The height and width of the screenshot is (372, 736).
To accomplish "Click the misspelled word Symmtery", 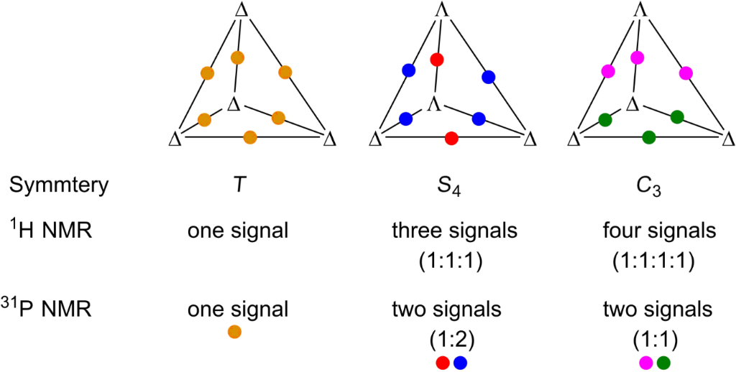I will pos(58,185).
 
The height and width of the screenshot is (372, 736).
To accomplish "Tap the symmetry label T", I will pos(238,185).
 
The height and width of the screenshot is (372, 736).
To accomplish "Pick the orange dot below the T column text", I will pos(234,332).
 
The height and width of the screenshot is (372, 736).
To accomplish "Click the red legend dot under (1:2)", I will pos(443,362).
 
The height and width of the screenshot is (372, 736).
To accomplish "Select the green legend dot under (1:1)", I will pos(662,362).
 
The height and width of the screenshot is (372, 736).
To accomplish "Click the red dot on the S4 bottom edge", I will pos(451,137).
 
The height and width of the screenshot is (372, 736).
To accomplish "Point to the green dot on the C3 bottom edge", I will pos(648,136).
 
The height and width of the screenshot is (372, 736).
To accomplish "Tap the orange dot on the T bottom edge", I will pos(250,136).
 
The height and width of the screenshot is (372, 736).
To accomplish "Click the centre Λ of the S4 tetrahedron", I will pos(433,105).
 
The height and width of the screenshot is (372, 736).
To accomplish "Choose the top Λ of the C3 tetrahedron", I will pos(636,9).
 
